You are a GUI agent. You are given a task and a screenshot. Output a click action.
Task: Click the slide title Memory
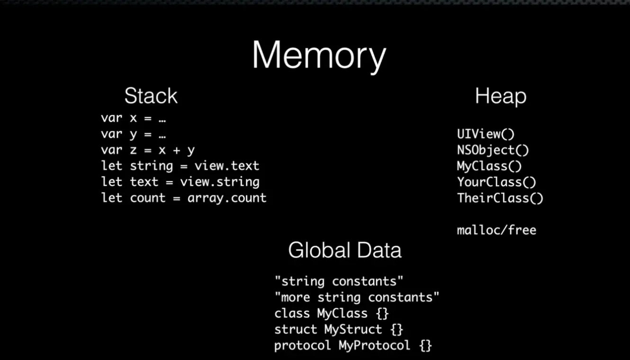click(319, 56)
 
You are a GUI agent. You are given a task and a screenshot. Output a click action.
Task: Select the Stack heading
click(151, 96)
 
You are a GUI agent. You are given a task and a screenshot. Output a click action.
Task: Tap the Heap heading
click(500, 97)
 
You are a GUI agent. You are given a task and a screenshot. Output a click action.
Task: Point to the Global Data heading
click(344, 250)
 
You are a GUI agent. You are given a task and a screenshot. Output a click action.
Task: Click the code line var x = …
click(133, 118)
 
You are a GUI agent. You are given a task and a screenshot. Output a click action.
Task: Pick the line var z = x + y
click(148, 150)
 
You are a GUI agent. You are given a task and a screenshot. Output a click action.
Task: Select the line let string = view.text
click(180, 166)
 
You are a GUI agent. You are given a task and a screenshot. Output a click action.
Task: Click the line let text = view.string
click(180, 182)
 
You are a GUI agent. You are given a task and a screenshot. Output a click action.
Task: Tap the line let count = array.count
click(184, 198)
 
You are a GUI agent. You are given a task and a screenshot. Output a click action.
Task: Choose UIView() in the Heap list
click(486, 135)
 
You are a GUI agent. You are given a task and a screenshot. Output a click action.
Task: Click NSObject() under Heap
click(493, 150)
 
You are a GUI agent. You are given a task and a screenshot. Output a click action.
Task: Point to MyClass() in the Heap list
click(489, 166)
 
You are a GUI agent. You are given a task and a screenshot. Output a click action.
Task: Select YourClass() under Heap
click(496, 182)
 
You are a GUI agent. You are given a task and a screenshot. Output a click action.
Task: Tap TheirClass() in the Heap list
click(500, 198)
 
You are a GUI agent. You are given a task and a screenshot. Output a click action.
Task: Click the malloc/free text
click(496, 230)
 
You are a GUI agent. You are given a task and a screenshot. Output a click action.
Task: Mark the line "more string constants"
click(357, 297)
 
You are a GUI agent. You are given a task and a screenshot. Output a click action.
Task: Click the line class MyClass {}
click(332, 314)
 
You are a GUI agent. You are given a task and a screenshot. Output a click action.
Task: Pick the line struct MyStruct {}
click(339, 329)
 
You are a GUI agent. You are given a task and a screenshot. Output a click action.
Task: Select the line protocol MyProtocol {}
click(353, 345)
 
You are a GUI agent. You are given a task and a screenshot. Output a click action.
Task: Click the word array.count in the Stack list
click(227, 198)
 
